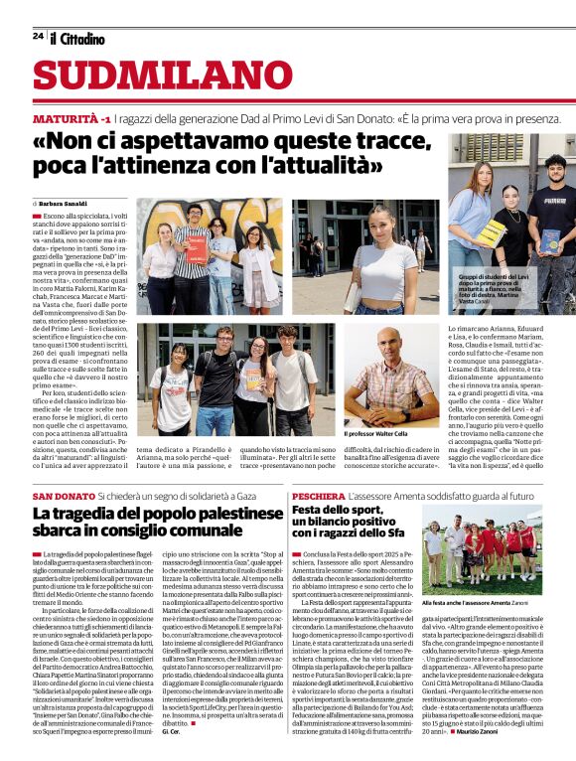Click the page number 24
[x=38, y=36]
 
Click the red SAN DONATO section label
[x=64, y=495]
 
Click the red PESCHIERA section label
[x=317, y=495]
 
